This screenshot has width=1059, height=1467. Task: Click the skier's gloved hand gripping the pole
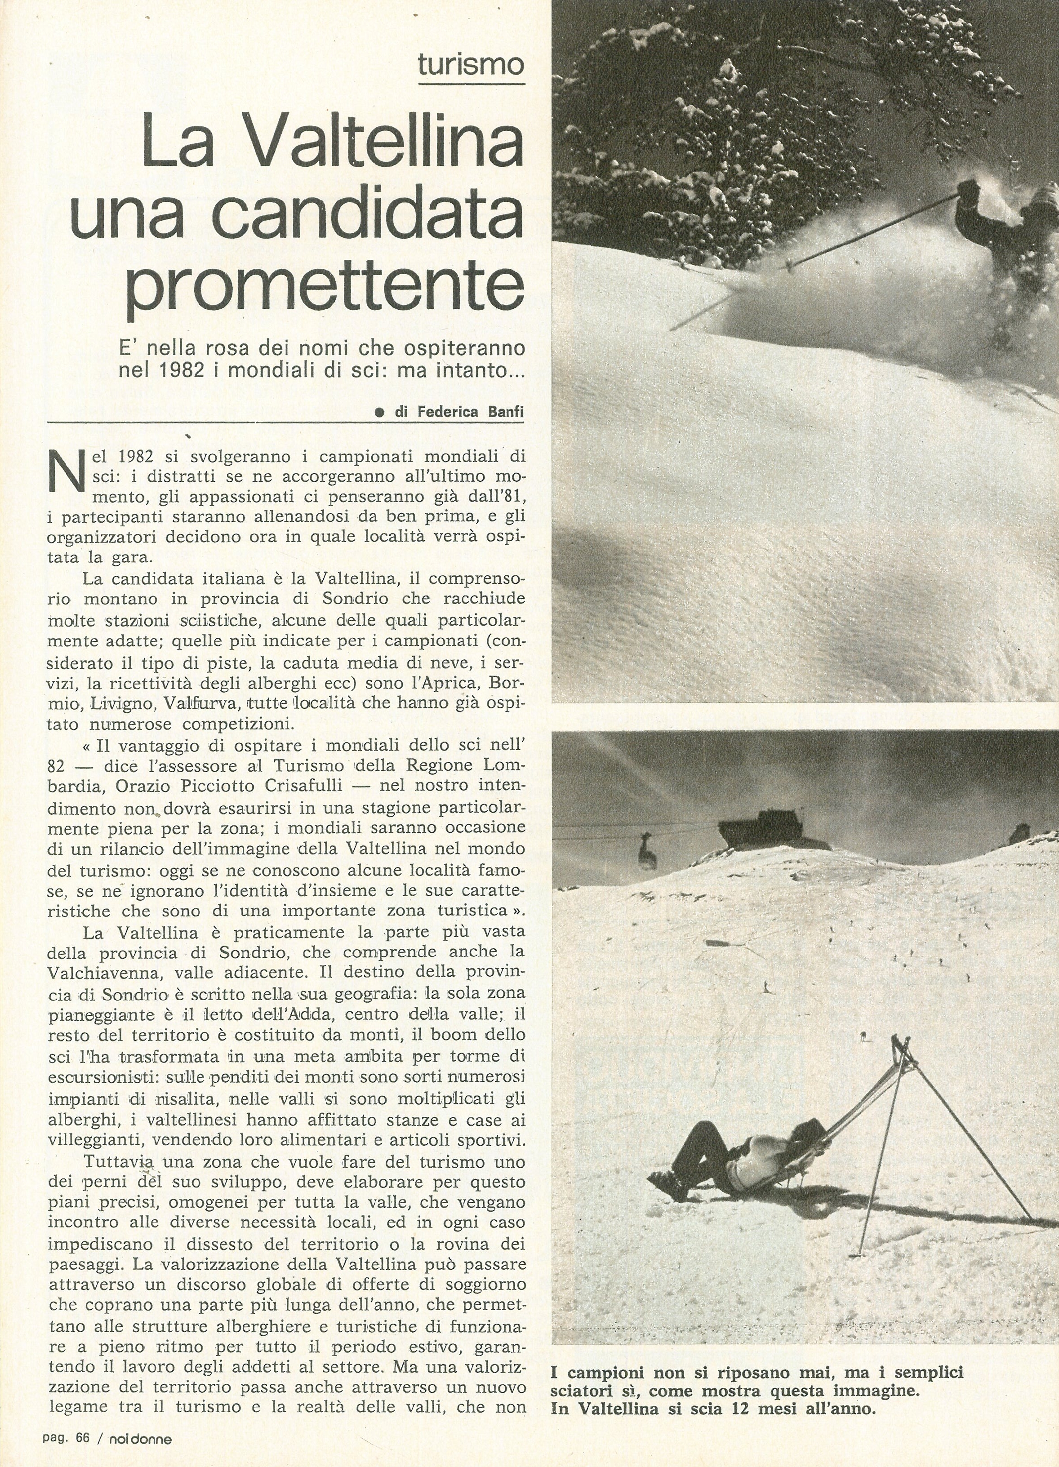[969, 188]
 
